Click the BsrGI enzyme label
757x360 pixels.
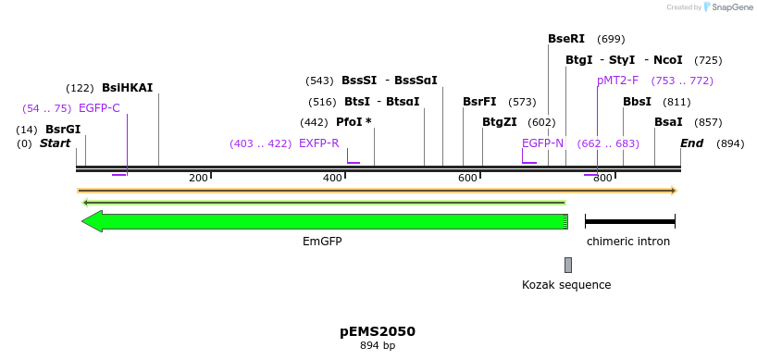pos(63,130)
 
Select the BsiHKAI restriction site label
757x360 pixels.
pos(127,88)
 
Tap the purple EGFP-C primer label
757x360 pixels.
pos(99,108)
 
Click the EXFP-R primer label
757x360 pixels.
pos(318,143)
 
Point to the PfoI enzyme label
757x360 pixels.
pos(353,122)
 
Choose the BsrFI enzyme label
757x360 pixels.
pos(479,102)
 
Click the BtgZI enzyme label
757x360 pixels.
pos(500,122)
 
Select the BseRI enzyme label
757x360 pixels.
pos(566,39)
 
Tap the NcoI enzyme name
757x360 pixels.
pos(668,60)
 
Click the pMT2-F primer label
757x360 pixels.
pos(617,81)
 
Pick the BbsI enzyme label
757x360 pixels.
pos(637,102)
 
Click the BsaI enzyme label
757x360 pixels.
pos(668,122)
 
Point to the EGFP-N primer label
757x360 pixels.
pos(542,143)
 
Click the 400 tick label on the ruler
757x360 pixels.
pos(332,178)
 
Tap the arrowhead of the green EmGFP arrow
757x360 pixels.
pos(92,221)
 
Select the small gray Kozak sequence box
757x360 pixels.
pos(568,265)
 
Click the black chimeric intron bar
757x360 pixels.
pos(630,221)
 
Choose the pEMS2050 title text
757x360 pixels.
pos(378,331)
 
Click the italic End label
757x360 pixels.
pos(691,143)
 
